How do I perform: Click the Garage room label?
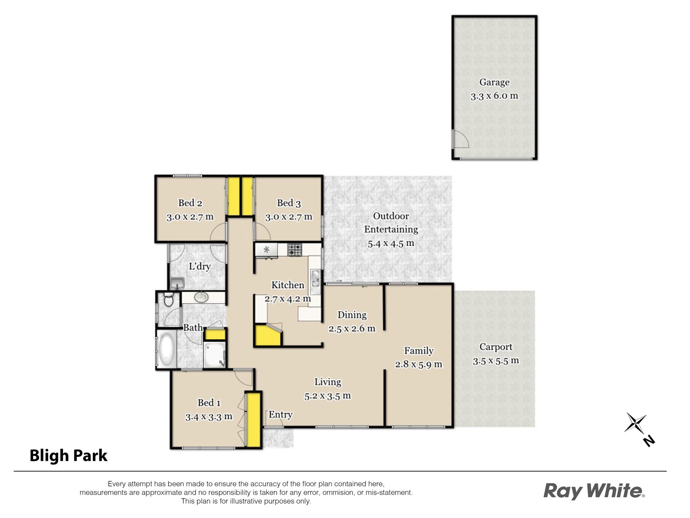[x=494, y=82]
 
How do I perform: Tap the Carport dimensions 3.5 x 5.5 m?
[x=496, y=361]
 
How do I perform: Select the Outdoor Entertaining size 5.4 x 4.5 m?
[x=391, y=244]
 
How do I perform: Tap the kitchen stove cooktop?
[x=295, y=250]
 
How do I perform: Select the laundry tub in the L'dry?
[x=177, y=283]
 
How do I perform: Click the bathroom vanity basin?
[x=201, y=297]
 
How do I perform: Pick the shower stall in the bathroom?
[x=215, y=354]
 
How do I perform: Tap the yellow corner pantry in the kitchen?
[x=268, y=336]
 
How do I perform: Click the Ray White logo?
[x=594, y=491]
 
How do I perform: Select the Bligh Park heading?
[x=68, y=455]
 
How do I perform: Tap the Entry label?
[x=281, y=415]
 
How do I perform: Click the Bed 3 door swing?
[x=262, y=231]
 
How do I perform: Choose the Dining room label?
[x=352, y=315]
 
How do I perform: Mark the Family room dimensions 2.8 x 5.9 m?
[x=418, y=364]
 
